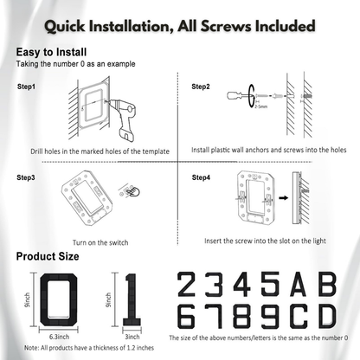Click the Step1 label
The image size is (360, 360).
[27, 87]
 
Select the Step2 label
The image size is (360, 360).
[202, 87]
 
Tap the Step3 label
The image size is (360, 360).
[27, 177]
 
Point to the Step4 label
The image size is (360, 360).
[202, 177]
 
